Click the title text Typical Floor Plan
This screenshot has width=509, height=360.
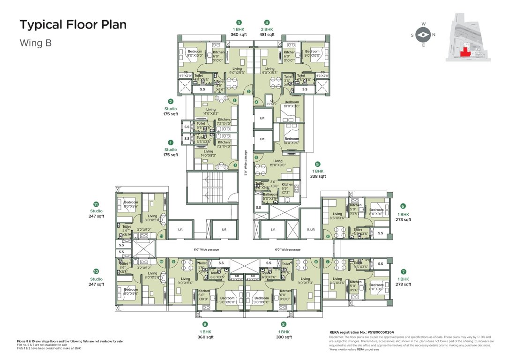[73, 25]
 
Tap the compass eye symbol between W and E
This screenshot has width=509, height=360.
[423, 35]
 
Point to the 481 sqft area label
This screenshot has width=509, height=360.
[267, 35]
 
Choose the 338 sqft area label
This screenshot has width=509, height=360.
[318, 177]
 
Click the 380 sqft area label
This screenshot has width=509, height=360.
[284, 337]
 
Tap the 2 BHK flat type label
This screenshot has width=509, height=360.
[267, 29]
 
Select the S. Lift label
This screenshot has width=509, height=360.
[310, 229]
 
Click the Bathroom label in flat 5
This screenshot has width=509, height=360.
[270, 195]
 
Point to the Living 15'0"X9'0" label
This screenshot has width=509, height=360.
[278, 163]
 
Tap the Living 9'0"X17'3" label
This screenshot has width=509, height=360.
[305, 281]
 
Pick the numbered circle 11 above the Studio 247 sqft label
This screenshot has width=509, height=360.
[96, 204]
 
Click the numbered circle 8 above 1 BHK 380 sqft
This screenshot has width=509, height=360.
[284, 324]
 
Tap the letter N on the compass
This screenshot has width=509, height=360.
[434, 35]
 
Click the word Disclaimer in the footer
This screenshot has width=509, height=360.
[338, 337]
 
